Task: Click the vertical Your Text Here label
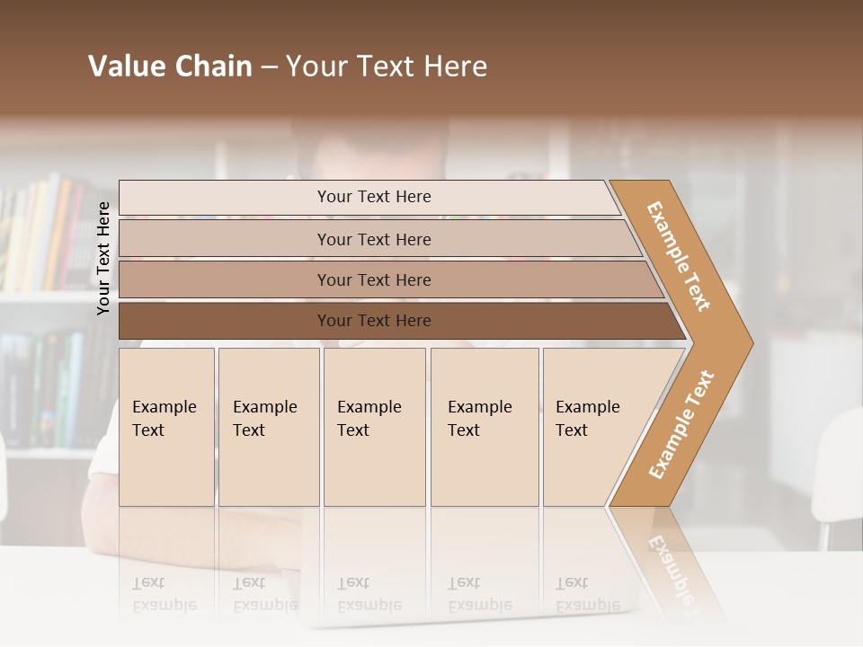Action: (x=103, y=258)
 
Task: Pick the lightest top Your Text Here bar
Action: (x=374, y=197)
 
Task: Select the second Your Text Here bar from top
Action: (x=374, y=239)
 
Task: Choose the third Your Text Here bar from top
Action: (x=374, y=279)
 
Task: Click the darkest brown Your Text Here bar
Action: (x=374, y=321)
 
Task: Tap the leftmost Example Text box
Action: (x=166, y=426)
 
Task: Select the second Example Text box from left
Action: (x=268, y=426)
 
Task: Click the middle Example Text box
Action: (x=374, y=426)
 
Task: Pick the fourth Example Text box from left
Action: (x=484, y=426)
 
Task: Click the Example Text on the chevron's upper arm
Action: (x=679, y=256)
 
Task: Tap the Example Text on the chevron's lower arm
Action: (x=681, y=424)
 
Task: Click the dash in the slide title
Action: (x=268, y=67)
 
